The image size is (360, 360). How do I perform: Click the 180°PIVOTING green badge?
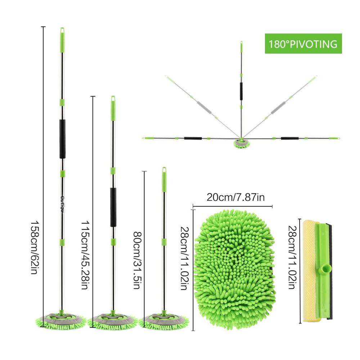[x=303, y=44]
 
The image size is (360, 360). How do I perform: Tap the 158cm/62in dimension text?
[x=34, y=248]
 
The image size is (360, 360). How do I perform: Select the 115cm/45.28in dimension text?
[x=85, y=255]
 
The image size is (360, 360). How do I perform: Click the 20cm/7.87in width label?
[x=235, y=197]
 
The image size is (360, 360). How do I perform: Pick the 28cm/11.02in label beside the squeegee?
[x=292, y=257]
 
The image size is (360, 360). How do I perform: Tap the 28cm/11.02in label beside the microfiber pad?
[x=184, y=258]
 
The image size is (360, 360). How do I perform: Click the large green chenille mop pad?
[x=235, y=270]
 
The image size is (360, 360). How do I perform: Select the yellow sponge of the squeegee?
[x=310, y=271]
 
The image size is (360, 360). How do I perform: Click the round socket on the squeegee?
[x=326, y=269]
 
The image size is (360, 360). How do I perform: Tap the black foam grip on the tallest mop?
[x=62, y=139]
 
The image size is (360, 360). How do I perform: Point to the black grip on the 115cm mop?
[x=113, y=207]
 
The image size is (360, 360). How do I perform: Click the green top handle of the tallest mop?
[x=62, y=41]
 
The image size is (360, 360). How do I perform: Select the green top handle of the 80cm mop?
[x=164, y=179]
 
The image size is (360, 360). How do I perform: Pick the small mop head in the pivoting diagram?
[x=242, y=143]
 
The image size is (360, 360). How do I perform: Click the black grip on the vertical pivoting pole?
[x=241, y=91]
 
